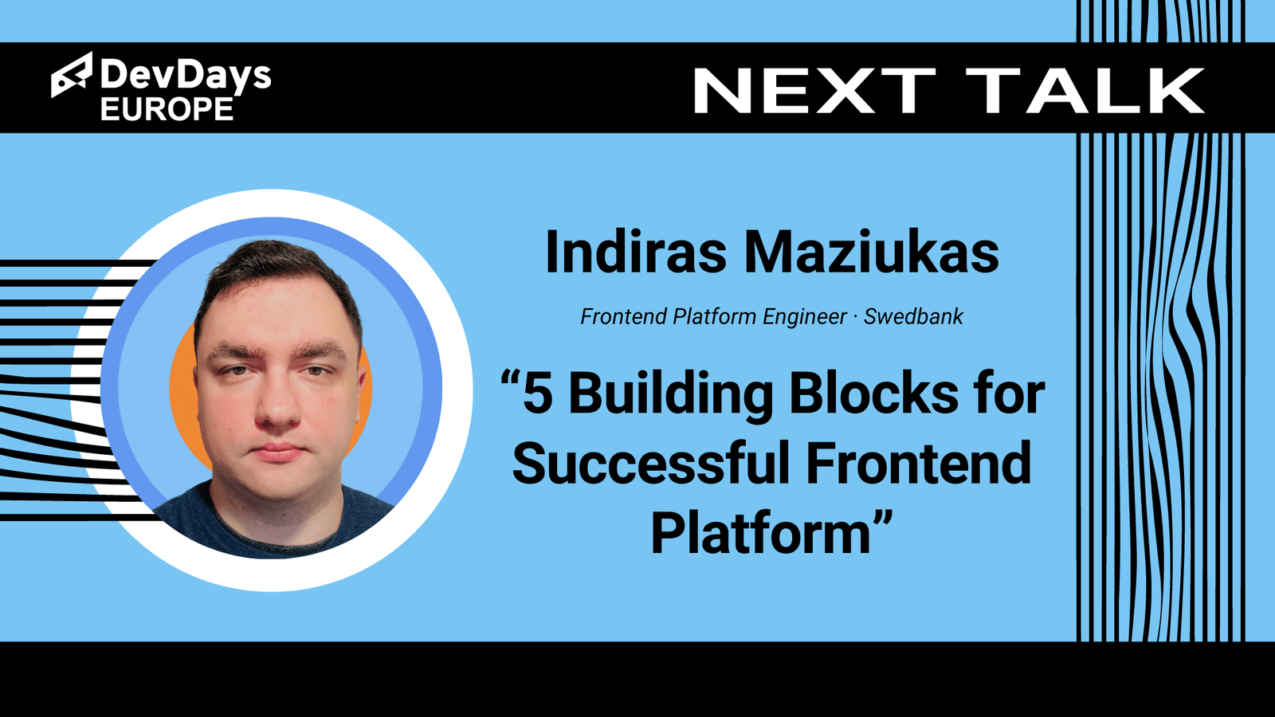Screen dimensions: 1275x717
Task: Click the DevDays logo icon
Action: tap(72, 75)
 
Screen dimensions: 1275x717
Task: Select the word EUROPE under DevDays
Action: tap(167, 108)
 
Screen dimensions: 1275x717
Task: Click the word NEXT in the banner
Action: tap(814, 91)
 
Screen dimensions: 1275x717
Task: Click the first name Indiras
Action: tap(636, 252)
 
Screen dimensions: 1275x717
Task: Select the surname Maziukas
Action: tap(872, 252)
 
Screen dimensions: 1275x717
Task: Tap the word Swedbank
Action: tap(913, 316)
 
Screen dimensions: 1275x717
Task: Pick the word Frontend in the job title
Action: tap(623, 316)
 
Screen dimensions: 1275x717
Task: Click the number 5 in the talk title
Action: tap(538, 394)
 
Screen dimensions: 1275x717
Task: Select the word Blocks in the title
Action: tap(873, 394)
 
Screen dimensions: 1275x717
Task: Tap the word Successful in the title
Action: tap(650, 463)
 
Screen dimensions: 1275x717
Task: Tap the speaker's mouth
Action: tap(277, 453)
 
